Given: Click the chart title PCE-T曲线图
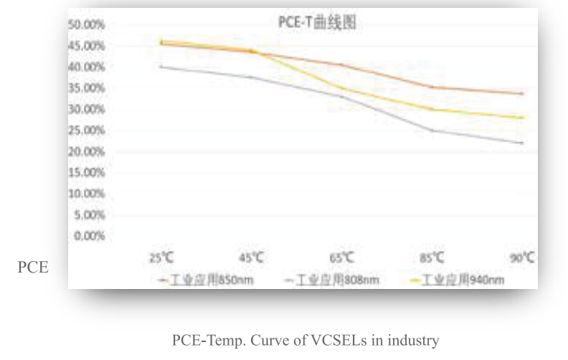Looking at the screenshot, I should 316,23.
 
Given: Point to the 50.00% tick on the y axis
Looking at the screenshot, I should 87,24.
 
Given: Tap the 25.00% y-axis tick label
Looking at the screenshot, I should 87,131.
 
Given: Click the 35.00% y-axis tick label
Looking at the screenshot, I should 87,88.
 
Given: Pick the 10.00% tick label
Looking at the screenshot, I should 87,194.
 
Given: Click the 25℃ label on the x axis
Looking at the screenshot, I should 160,257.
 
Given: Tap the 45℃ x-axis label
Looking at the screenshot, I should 251,257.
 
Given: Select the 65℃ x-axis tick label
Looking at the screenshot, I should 341,257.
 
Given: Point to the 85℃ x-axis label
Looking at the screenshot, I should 432,257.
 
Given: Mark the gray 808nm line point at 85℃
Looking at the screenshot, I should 432,131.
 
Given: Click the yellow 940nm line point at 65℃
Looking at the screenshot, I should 341,88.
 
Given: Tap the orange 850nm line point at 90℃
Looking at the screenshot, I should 521,93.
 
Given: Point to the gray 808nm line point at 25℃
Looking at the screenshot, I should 161,67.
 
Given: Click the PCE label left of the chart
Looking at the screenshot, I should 32,268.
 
